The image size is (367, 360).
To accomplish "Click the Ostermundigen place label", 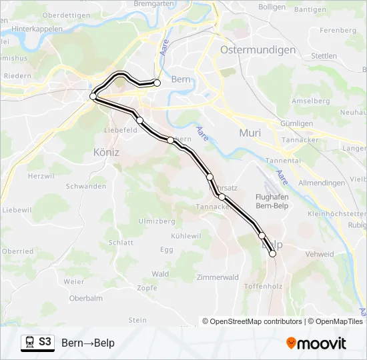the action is click(x=258, y=50).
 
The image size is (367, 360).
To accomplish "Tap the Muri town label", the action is click(x=250, y=133).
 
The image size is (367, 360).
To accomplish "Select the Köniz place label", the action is click(x=107, y=152).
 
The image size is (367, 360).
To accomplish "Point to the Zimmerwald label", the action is click(x=218, y=277).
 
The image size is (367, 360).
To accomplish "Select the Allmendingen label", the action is click(x=322, y=182).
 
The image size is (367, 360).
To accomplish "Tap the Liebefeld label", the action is click(x=121, y=130).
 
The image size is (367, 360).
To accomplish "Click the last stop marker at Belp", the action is click(x=272, y=253).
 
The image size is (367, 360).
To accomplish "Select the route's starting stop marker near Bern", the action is click(x=157, y=83).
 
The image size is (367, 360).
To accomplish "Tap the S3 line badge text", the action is click(x=45, y=342).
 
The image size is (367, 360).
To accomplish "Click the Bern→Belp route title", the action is click(x=88, y=343).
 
